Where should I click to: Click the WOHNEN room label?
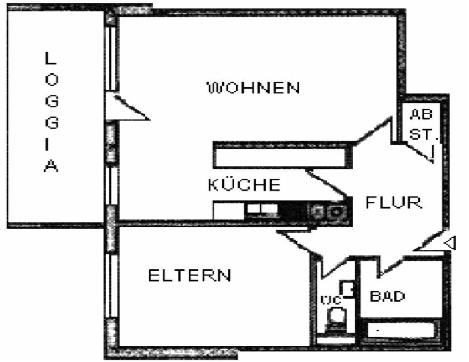[x=254, y=88]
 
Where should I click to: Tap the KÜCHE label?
[x=244, y=185]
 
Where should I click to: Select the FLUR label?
[x=394, y=202]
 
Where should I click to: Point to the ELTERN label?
[x=190, y=275]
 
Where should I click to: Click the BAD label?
[x=387, y=296]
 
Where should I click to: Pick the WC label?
[x=330, y=300]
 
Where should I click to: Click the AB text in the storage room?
[x=421, y=115]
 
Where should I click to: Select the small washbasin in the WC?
[x=348, y=289]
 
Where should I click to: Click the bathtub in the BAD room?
[x=401, y=330]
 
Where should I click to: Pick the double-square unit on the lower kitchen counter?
[x=262, y=210]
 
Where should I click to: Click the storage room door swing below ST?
[x=423, y=153]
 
